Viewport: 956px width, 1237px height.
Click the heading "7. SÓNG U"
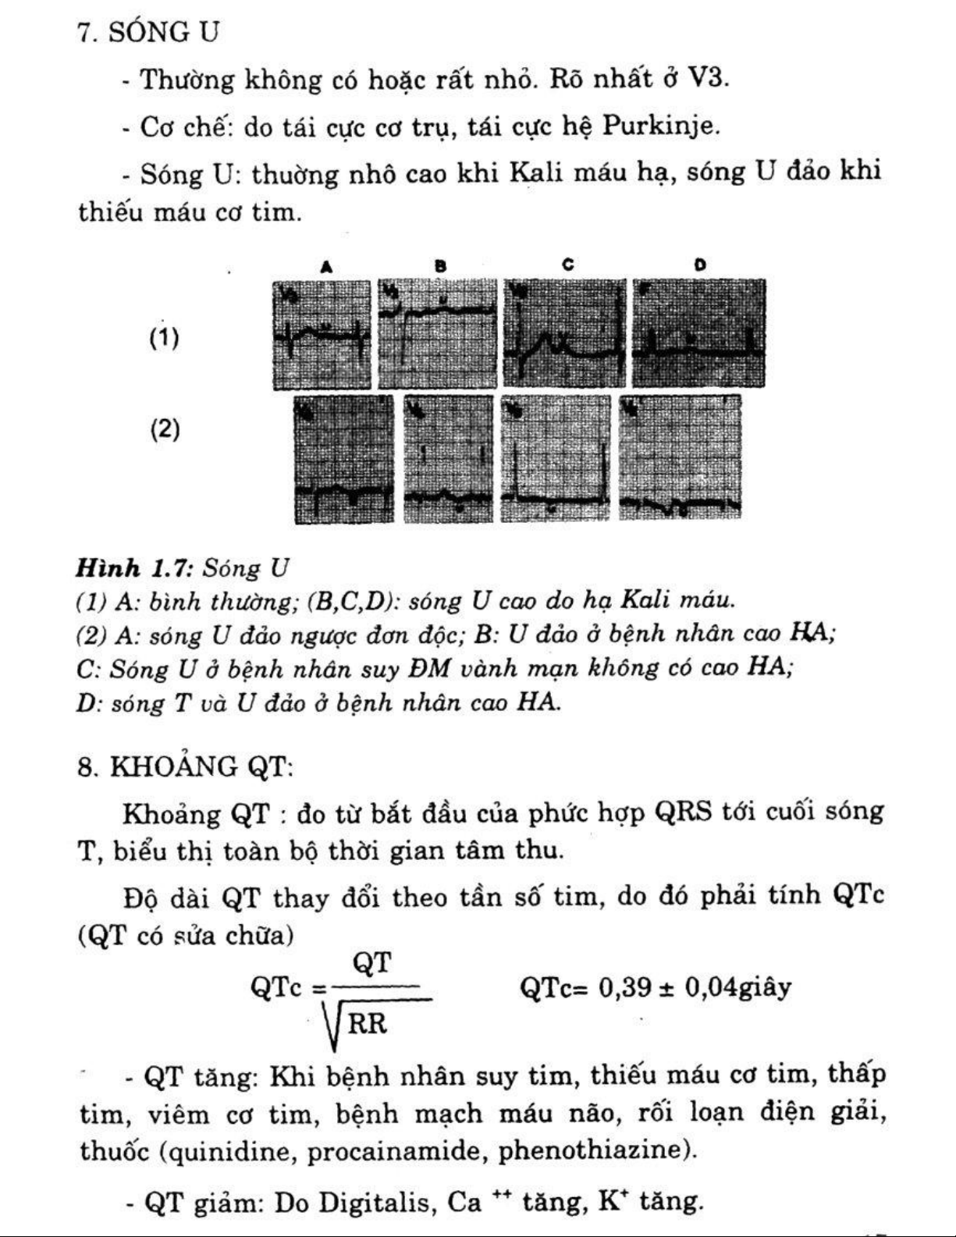pyautogui.click(x=148, y=32)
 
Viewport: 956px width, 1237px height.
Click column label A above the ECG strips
pyautogui.click(x=326, y=266)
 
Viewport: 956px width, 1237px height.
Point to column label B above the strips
pyautogui.click(x=440, y=266)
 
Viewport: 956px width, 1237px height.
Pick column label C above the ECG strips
pyautogui.click(x=567, y=265)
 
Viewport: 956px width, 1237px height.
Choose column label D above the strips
pyautogui.click(x=699, y=265)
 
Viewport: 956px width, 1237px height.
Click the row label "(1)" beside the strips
pyautogui.click(x=164, y=338)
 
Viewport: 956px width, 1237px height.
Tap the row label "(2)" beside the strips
pyautogui.click(x=164, y=429)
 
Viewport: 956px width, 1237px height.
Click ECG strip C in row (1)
pyautogui.click(x=564, y=333)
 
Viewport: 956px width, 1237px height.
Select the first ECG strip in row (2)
pyautogui.click(x=343, y=459)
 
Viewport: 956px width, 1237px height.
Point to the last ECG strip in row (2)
pyautogui.click(x=680, y=457)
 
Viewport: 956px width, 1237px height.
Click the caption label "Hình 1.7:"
pyautogui.click(x=133, y=567)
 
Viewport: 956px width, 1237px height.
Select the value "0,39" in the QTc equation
pyautogui.click(x=624, y=988)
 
